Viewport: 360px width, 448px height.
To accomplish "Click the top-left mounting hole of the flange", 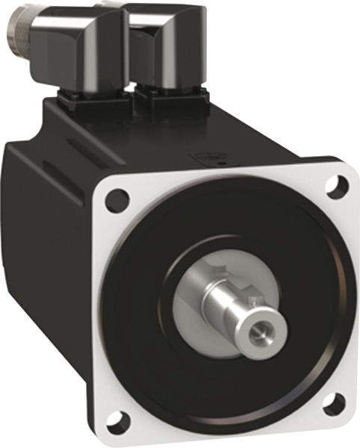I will [x=117, y=199].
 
